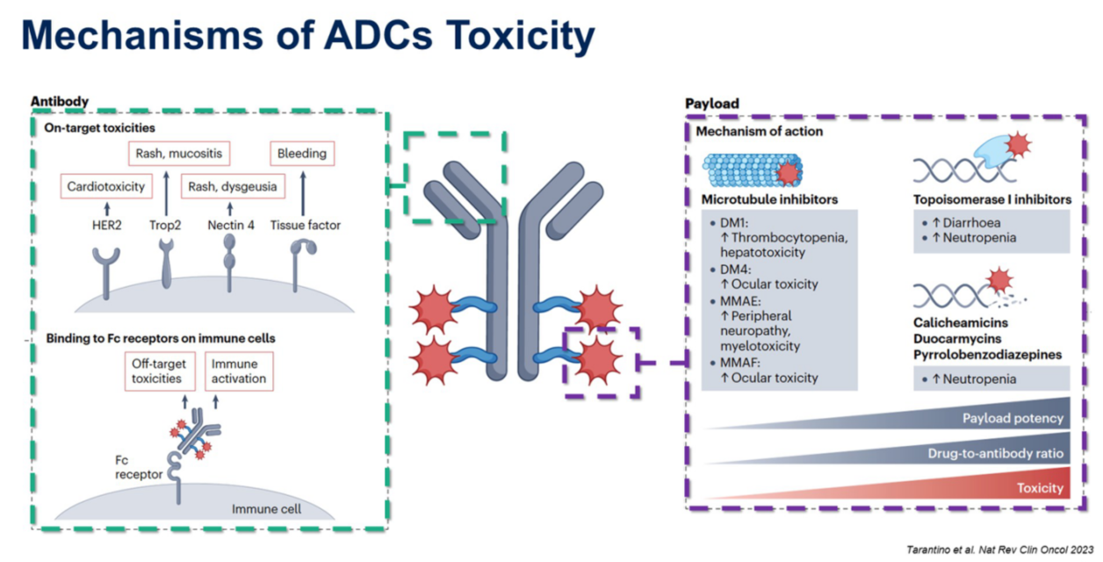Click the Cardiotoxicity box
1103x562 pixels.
[106, 186]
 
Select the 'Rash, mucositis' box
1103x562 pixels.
[179, 153]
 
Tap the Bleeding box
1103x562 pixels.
[302, 153]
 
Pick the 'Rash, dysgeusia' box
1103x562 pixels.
[233, 186]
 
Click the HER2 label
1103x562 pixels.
[107, 225]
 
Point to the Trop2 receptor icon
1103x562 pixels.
[167, 263]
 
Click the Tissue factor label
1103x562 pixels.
[306, 225]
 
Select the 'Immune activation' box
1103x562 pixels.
[239, 371]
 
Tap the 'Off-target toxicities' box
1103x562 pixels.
[160, 371]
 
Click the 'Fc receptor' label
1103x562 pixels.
[139, 467]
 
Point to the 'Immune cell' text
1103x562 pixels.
[266, 508]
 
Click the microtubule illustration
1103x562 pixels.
[753, 170]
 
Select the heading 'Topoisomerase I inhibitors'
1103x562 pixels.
[992, 199]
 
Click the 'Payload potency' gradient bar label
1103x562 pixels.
[1013, 418]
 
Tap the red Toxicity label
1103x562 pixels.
[1040, 487]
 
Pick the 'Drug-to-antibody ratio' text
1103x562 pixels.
[996, 453]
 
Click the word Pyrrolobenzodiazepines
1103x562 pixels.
[987, 355]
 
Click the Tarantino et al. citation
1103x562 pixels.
[999, 550]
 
